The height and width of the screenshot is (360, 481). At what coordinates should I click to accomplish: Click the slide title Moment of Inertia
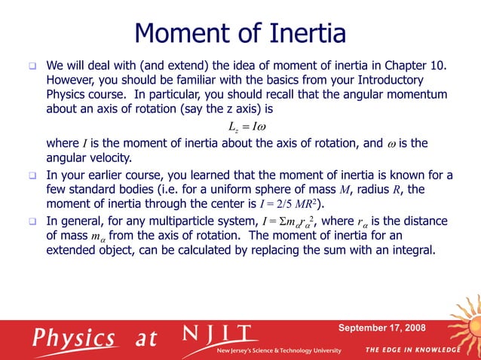pyautogui.click(x=240, y=34)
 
